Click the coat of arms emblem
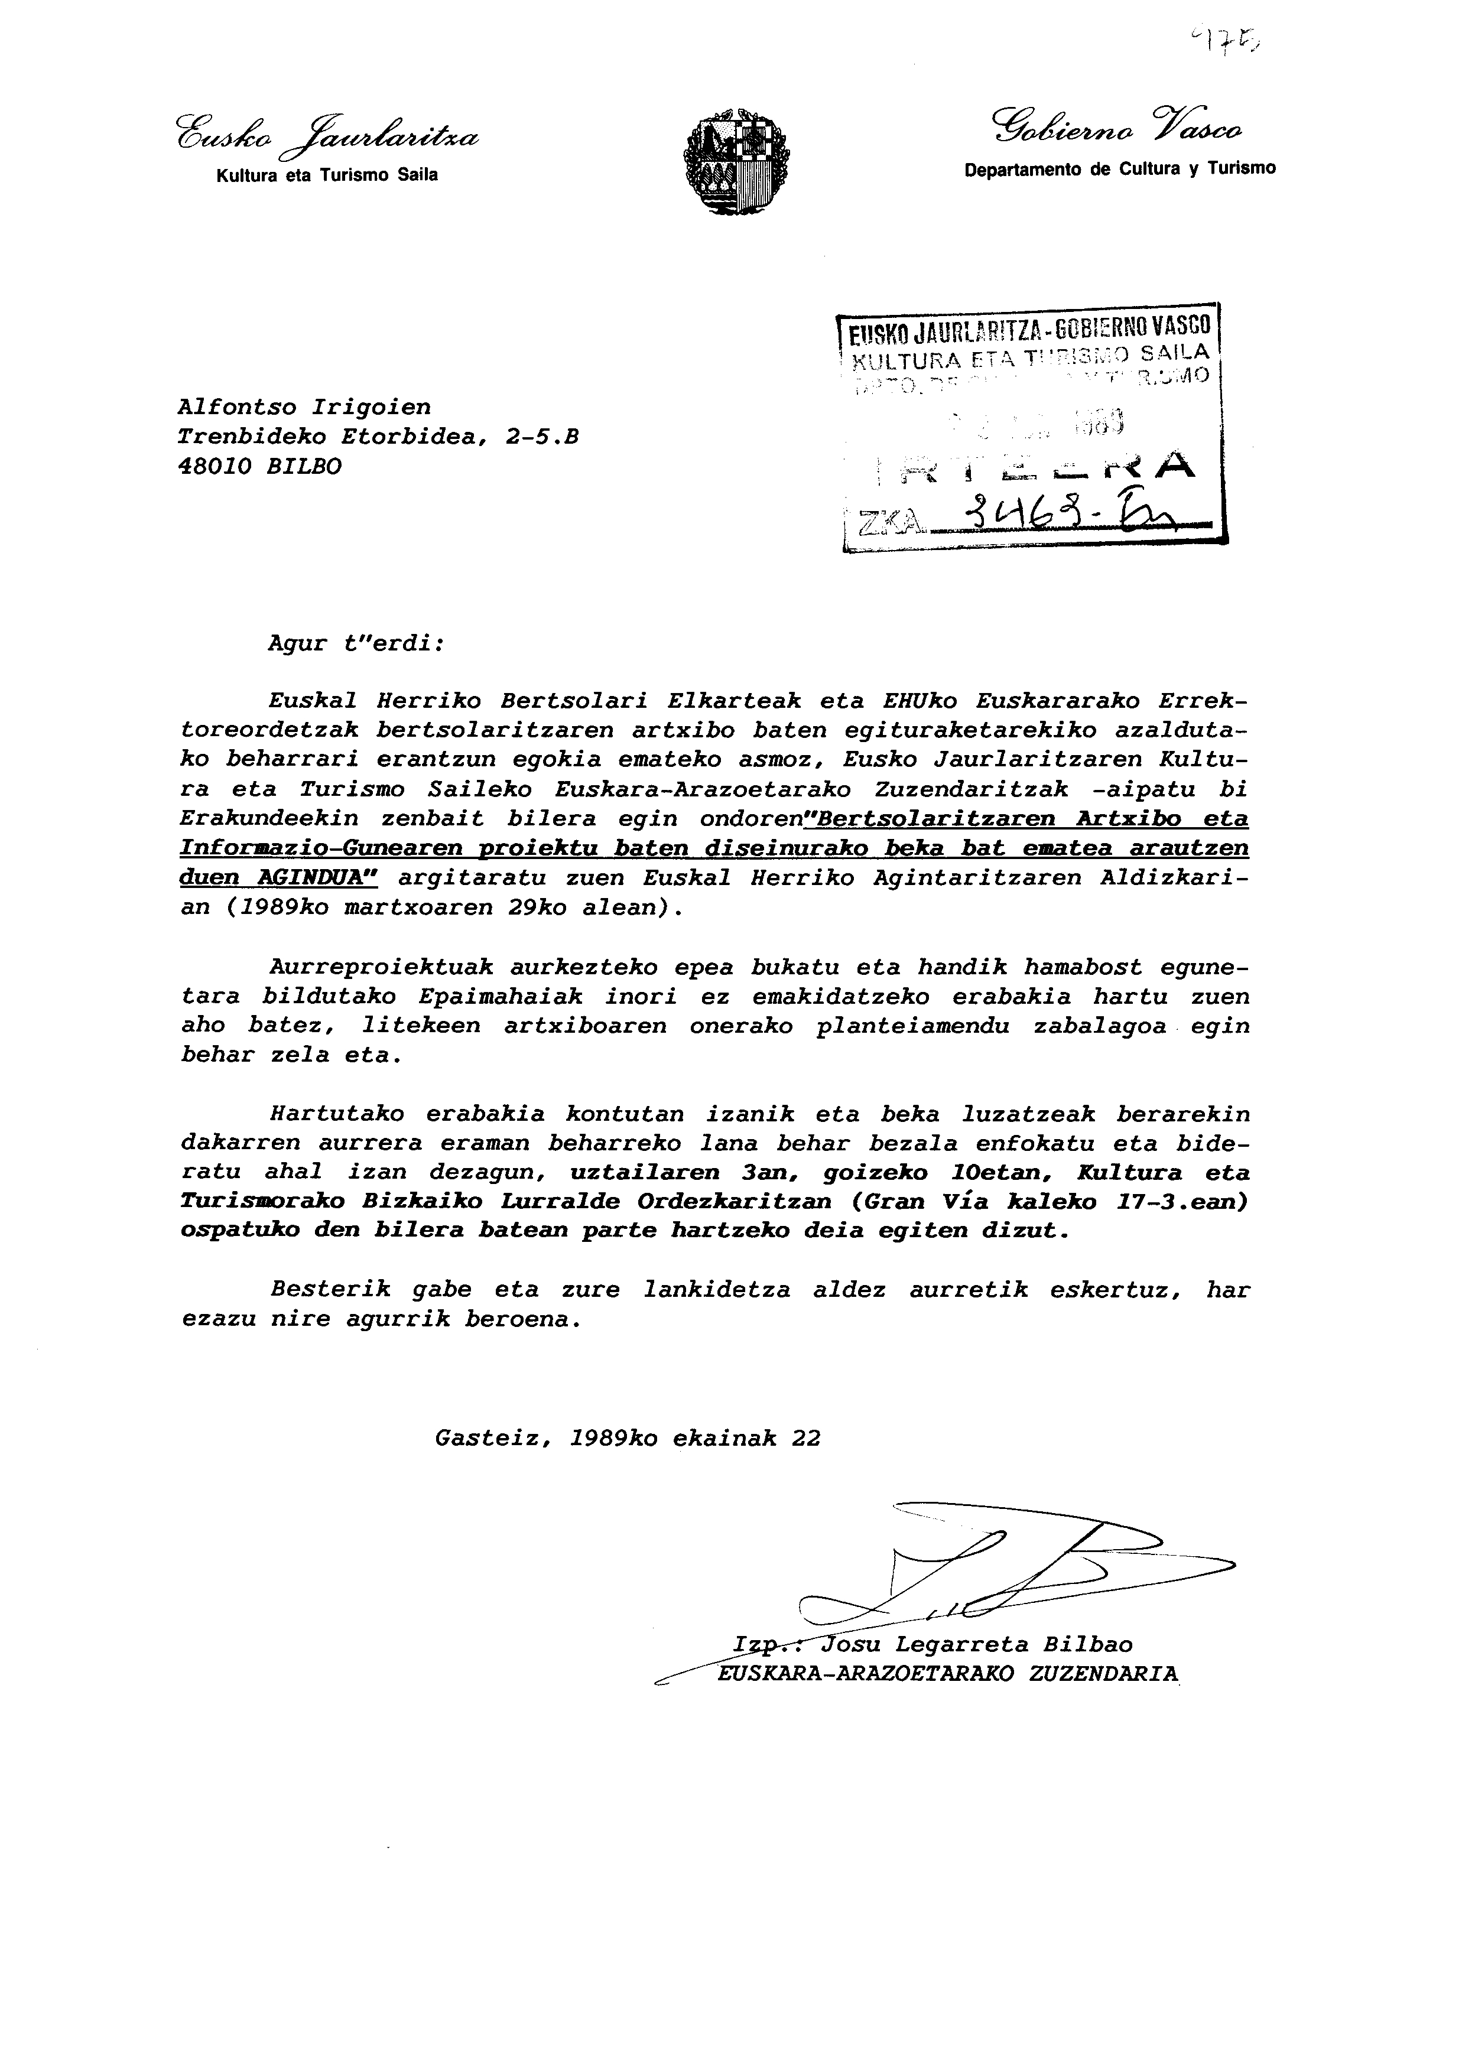click(736, 162)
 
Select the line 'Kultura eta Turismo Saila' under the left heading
click(327, 175)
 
